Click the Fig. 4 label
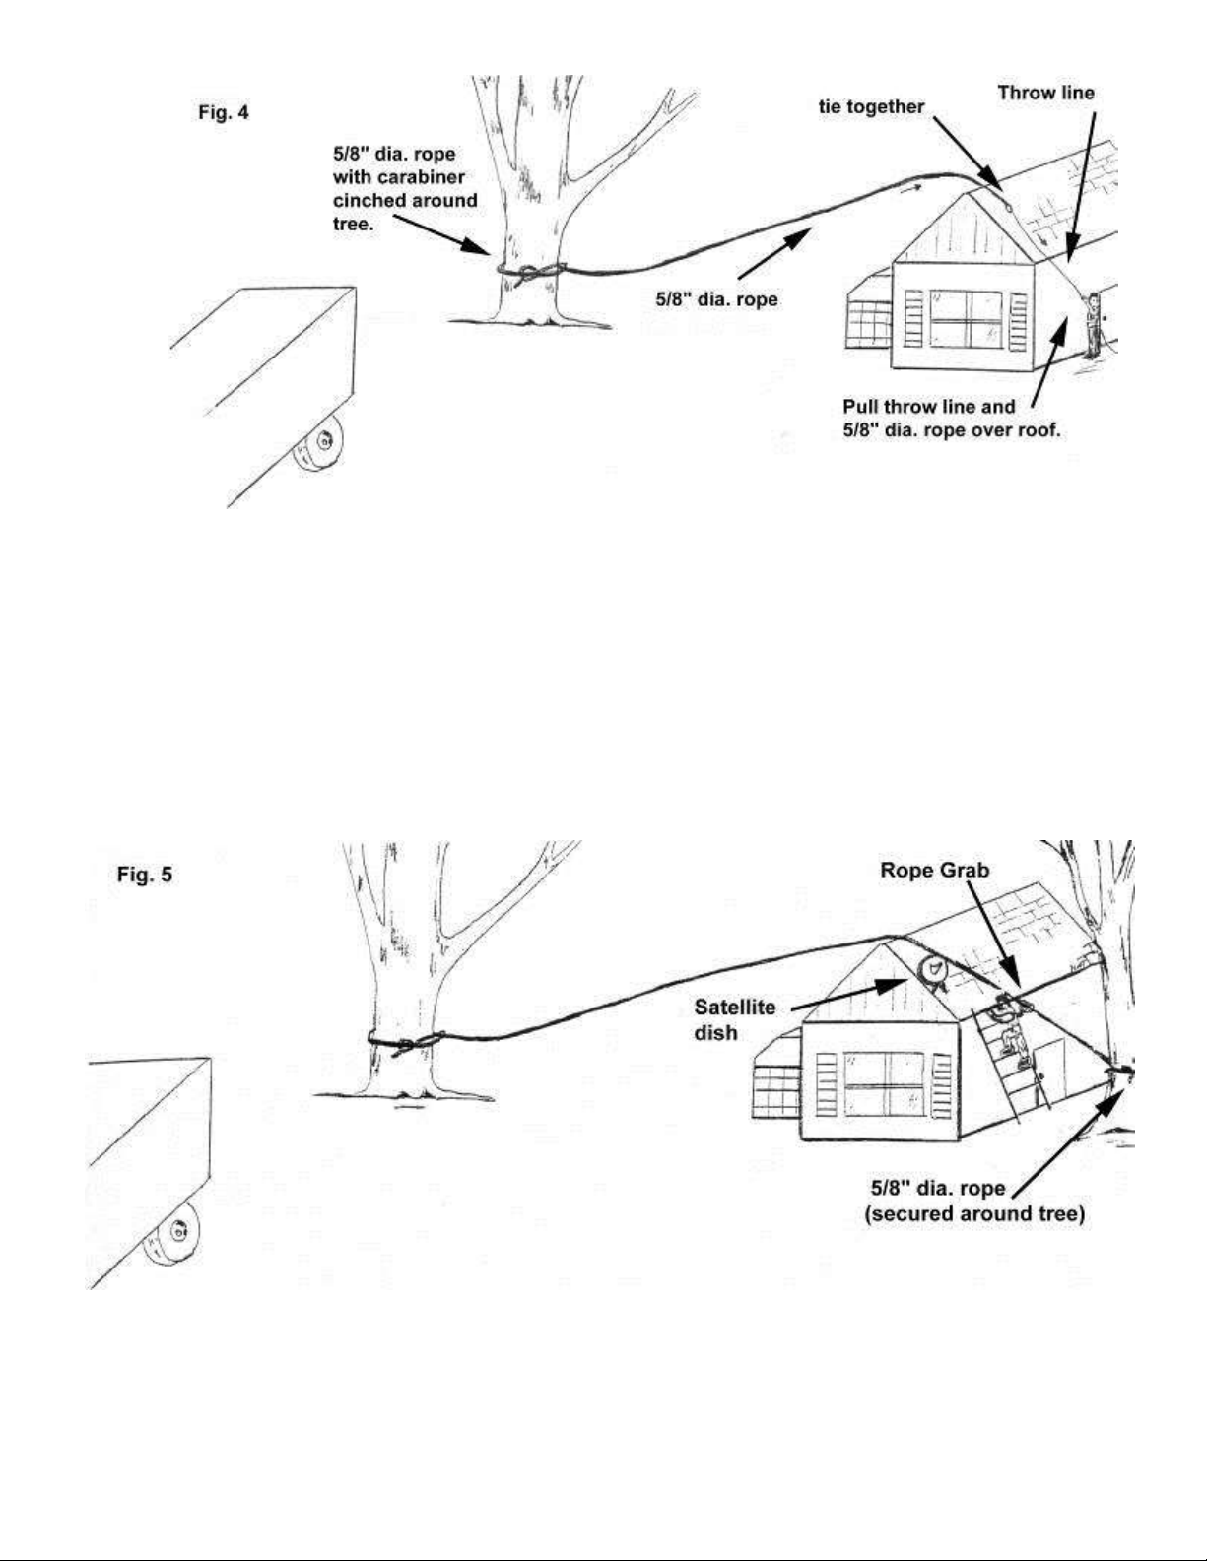click(224, 113)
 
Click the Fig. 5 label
click(145, 875)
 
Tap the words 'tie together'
click(871, 107)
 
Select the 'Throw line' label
click(1046, 93)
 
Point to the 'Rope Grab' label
click(935, 870)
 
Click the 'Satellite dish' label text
click(735, 1019)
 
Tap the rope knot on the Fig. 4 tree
click(530, 273)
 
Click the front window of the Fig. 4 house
click(966, 320)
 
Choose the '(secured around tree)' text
click(974, 1214)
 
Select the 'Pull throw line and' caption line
click(929, 407)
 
